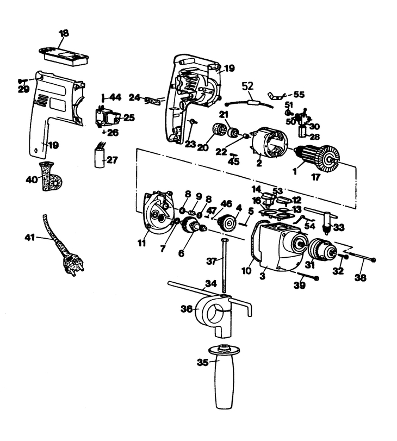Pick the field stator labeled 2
[268, 145]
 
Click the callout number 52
[247, 86]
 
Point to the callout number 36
[187, 309]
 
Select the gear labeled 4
[228, 223]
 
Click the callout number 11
[141, 243]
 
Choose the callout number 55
[299, 95]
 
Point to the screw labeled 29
[22, 80]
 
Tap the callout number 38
[360, 277]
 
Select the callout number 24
[134, 97]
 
